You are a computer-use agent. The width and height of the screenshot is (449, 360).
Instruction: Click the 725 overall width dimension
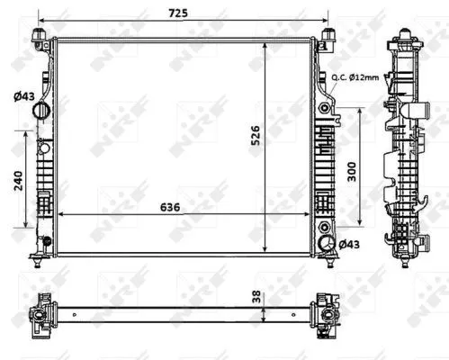coord(178,12)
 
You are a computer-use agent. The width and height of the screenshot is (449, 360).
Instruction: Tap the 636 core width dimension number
coord(170,206)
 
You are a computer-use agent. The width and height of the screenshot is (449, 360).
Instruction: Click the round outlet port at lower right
coord(325,244)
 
